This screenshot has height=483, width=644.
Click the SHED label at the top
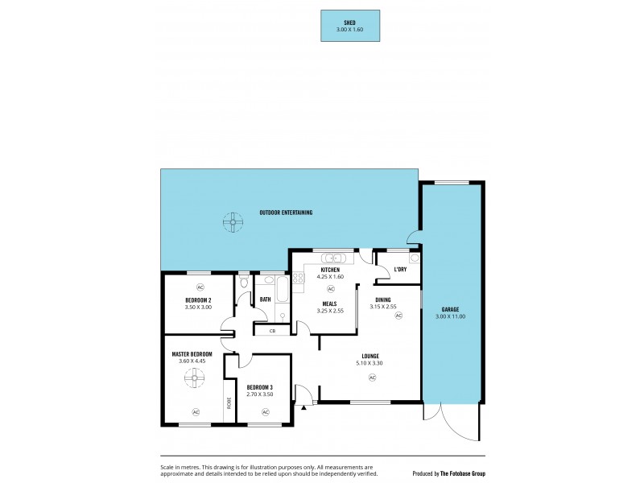[x=350, y=23]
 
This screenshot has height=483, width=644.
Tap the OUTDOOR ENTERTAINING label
[x=286, y=213]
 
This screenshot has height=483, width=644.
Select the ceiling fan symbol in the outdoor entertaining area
[x=233, y=221]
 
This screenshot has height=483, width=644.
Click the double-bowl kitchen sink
[x=333, y=258]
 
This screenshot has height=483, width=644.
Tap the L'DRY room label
[x=400, y=269]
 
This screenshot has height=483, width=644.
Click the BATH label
[x=265, y=299]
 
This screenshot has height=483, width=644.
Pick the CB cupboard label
[x=272, y=330]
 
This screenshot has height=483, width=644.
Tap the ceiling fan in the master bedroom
[x=196, y=378]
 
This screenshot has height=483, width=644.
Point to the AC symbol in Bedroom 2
[x=199, y=287]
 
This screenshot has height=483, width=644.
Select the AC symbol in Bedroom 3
[x=265, y=412]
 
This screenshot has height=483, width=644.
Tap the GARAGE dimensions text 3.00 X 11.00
[x=450, y=316]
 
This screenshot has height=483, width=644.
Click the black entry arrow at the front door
[x=303, y=407]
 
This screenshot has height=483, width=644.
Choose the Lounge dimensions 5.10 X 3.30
[x=370, y=362]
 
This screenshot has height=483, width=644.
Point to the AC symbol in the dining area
[x=398, y=316]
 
